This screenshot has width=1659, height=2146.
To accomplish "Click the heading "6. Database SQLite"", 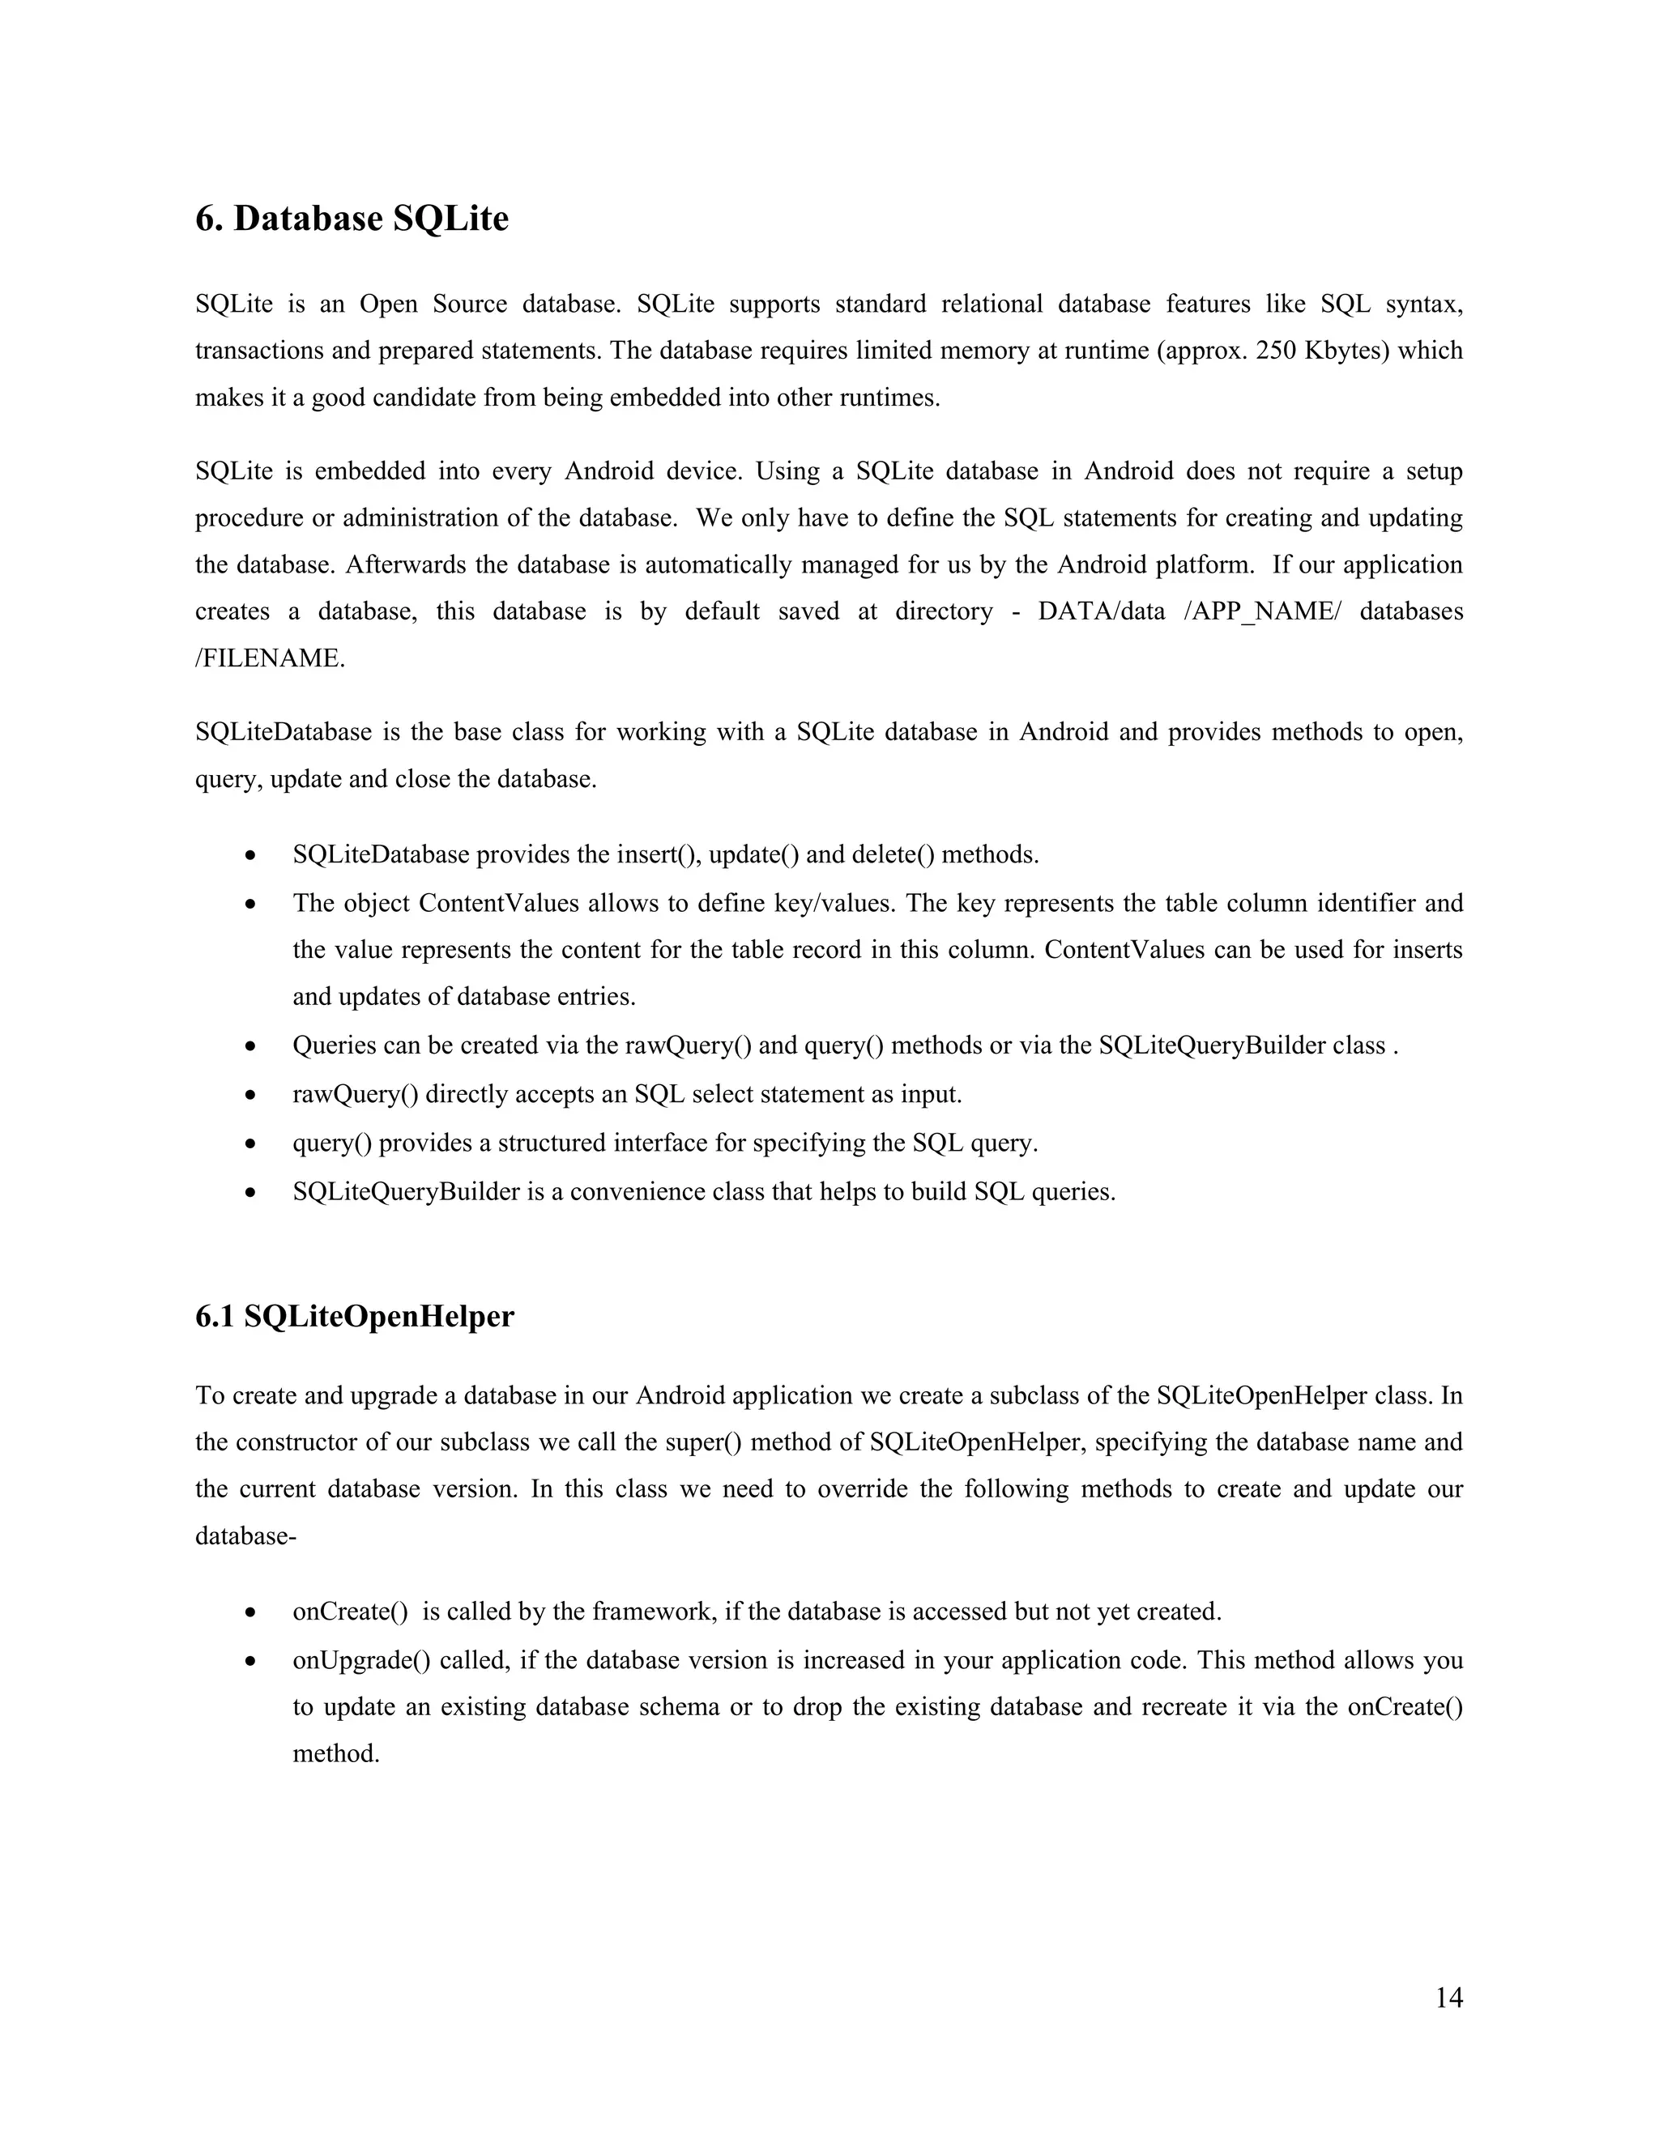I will (352, 218).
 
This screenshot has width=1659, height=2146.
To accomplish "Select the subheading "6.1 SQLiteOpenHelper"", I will (354, 1316).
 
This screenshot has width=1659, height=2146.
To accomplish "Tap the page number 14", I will (1448, 1998).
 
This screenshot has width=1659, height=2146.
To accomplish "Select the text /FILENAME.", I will (271, 658).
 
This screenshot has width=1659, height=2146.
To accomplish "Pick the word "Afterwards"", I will (404, 565).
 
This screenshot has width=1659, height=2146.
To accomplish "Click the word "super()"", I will (702, 1442).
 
